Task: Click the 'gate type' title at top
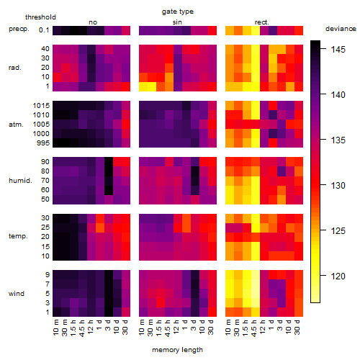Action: [x=178, y=12]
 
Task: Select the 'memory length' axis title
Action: [x=177, y=350]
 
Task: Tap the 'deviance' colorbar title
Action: [x=341, y=29]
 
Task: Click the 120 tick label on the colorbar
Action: [x=338, y=276]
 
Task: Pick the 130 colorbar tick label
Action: [x=338, y=185]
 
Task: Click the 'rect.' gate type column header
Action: [x=261, y=22]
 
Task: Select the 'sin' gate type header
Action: [x=177, y=22]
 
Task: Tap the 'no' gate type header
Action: [x=93, y=22]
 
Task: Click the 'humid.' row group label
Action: [x=20, y=181]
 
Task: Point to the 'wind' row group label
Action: [x=17, y=294]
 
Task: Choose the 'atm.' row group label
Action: [x=16, y=125]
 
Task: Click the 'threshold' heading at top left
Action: [x=40, y=17]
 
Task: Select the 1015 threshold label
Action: [x=41, y=106]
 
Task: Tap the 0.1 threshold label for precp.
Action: [x=44, y=30]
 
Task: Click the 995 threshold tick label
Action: [x=43, y=143]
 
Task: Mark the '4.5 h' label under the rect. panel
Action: [x=254, y=328]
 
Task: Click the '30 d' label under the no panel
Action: [x=125, y=327]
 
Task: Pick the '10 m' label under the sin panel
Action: [x=142, y=327]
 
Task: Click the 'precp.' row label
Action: [x=19, y=29]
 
